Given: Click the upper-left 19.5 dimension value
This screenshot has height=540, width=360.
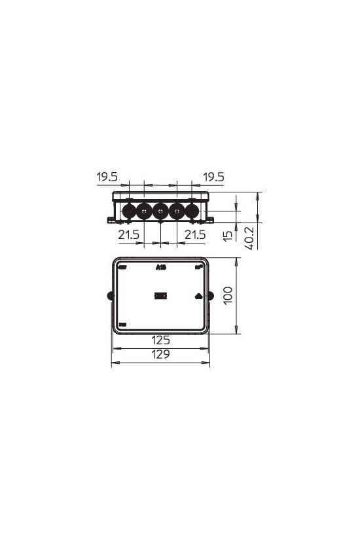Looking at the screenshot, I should click(107, 177).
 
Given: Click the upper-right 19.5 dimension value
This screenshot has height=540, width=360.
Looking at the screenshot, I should click(213, 177).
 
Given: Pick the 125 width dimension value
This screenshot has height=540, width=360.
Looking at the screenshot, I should click(161, 340).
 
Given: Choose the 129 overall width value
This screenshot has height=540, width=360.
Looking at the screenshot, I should click(161, 355).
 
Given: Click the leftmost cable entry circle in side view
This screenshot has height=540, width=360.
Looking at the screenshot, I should click(129, 211).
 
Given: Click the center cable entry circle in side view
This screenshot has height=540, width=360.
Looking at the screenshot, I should click(160, 211).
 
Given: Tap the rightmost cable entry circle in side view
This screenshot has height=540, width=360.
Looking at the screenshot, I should click(191, 211).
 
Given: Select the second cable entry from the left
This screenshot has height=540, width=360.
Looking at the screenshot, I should click(145, 211).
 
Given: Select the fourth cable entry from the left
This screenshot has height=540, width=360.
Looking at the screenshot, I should click(176, 211).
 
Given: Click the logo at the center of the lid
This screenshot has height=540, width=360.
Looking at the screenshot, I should click(160, 296).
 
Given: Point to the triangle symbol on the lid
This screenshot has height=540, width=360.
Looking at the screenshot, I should click(198, 296).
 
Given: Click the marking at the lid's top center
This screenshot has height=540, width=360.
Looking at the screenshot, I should click(161, 267).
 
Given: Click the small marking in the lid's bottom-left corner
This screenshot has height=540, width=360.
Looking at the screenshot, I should click(122, 324).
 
